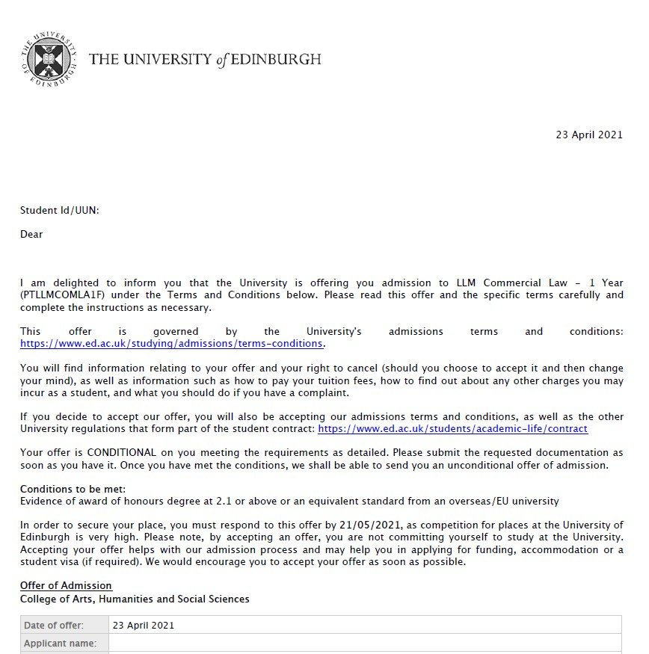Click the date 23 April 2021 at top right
coord(588,135)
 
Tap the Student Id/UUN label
coord(59,211)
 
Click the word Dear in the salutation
coord(31,234)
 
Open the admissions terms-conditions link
coord(171,343)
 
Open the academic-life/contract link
coord(452,428)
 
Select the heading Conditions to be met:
coord(67,489)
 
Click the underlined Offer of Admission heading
coord(66,586)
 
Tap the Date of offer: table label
coord(54,625)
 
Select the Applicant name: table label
coord(60,643)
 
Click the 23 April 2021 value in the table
coord(143,625)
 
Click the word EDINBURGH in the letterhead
coord(277,59)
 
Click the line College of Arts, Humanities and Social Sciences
coord(135,599)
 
